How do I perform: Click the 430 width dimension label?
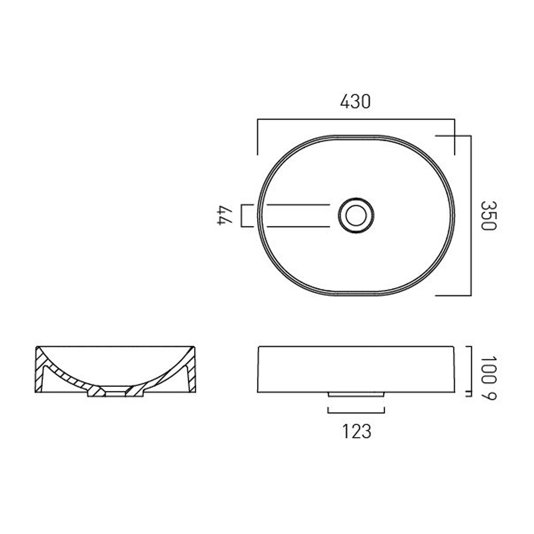[355, 102]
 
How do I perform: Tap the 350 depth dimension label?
[488, 216]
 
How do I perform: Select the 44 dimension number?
[225, 215]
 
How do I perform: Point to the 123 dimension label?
[356, 431]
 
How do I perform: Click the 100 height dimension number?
[488, 370]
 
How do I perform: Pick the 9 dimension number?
[488, 395]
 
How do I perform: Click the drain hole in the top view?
[356, 215]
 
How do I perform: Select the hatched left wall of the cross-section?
[39, 370]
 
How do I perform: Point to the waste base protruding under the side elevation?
[356, 394]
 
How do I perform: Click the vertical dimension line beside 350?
[471, 216]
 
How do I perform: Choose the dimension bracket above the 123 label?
[356, 413]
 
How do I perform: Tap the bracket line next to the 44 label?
[241, 215]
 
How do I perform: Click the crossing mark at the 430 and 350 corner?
[454, 136]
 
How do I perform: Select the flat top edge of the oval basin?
[356, 136]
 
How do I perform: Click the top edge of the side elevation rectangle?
[356, 346]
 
